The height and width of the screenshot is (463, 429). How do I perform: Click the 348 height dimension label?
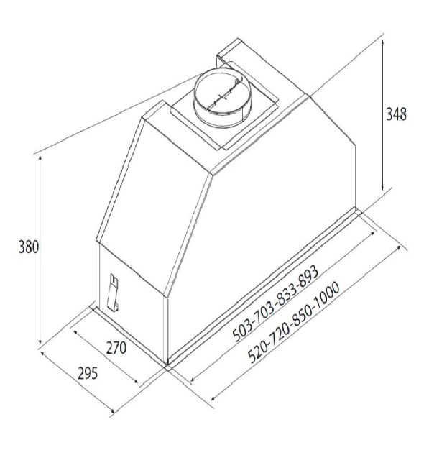pos(396,114)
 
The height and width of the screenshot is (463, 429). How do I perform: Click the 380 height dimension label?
pos(29,247)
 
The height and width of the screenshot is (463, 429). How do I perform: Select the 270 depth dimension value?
pos(116,348)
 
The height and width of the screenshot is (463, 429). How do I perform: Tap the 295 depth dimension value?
pos(88,373)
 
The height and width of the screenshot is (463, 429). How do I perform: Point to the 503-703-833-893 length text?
pos(275,303)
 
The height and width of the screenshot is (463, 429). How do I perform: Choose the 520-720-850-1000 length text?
pos(294,322)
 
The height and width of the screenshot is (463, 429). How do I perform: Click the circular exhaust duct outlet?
pos(222,98)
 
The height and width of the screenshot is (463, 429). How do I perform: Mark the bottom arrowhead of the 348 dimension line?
pos(383,188)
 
